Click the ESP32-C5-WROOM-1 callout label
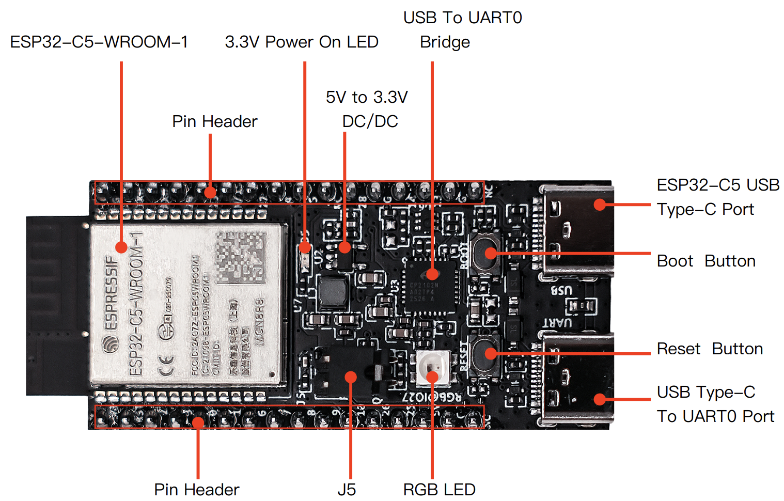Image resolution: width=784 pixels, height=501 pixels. pyautogui.click(x=99, y=42)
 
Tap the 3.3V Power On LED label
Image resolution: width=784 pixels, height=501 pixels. pyautogui.click(x=302, y=42)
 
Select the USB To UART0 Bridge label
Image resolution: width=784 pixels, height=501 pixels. pyautogui.click(x=462, y=29)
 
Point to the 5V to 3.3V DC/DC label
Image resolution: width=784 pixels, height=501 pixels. pyautogui.click(x=367, y=109)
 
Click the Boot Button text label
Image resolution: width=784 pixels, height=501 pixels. pyautogui.click(x=706, y=261)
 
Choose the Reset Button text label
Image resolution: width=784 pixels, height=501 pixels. pyautogui.click(x=710, y=349)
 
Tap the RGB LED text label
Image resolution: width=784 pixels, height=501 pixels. pyautogui.click(x=439, y=489)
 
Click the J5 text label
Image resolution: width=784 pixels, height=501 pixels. pyautogui.click(x=347, y=489)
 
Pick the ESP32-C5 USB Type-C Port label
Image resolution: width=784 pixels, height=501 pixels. pyautogui.click(x=718, y=197)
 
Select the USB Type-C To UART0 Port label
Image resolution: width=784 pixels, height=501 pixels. pyautogui.click(x=715, y=404)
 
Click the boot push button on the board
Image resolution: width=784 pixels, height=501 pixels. pyautogui.click(x=486, y=253)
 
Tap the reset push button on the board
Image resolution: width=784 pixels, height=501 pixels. pyautogui.click(x=486, y=353)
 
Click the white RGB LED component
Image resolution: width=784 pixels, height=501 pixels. pyautogui.click(x=433, y=368)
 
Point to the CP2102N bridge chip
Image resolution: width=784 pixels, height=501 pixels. pyautogui.click(x=430, y=287)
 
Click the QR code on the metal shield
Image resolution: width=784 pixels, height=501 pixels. pyautogui.click(x=240, y=257)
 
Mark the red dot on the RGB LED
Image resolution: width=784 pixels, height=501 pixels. pyautogui.click(x=433, y=377)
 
